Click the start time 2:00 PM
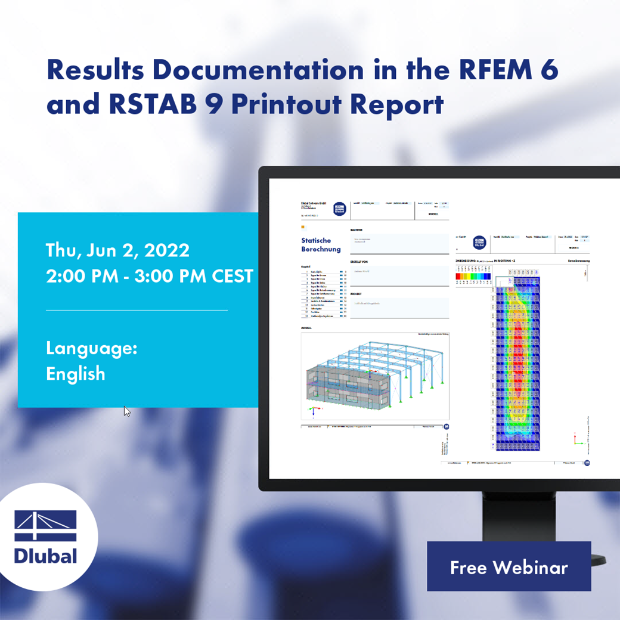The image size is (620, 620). tap(75, 277)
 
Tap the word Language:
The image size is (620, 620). tap(92, 348)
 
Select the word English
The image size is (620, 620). tap(76, 374)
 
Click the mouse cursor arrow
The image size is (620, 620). tap(127, 411)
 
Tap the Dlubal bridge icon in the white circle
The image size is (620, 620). tap(45, 526)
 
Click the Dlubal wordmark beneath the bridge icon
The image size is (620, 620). tap(45, 556)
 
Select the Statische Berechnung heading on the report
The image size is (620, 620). tap(321, 245)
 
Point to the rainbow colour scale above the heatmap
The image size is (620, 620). tap(473, 276)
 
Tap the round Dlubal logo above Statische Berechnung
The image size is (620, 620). tap(339, 208)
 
